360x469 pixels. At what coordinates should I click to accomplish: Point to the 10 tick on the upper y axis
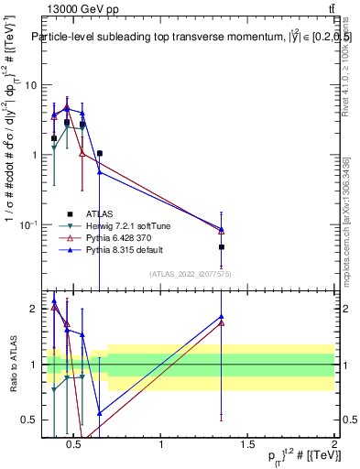tap(29, 85)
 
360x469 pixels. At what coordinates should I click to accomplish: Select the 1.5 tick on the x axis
tap(248, 445)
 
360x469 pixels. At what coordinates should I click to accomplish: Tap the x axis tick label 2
tap(334, 445)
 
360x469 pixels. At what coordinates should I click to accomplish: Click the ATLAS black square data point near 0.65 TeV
tap(100, 154)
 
